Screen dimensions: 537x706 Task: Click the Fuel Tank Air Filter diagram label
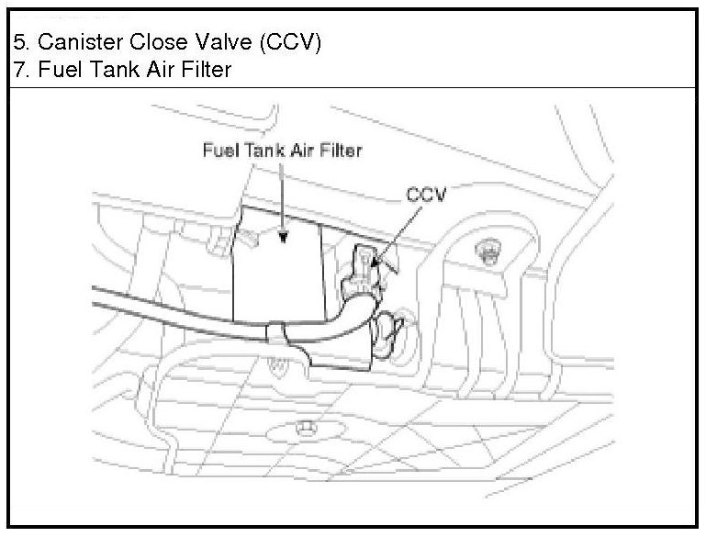[282, 151]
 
